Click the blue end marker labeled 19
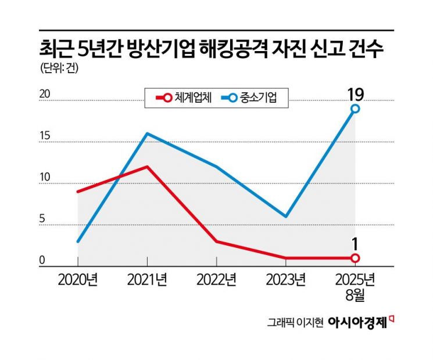coord(355,109)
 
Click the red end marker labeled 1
coord(355,258)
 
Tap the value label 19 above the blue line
coord(355,93)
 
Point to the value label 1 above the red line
coord(355,242)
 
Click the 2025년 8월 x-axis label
coord(355,287)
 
